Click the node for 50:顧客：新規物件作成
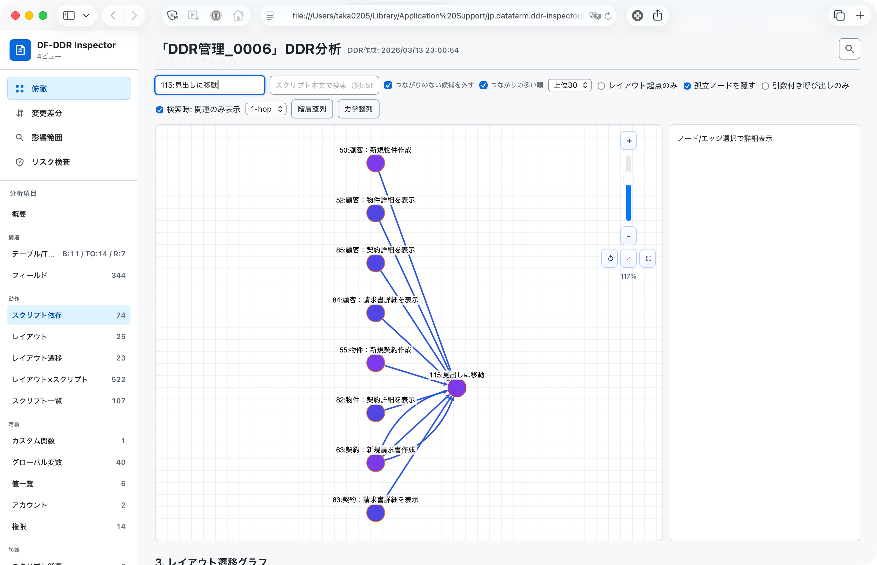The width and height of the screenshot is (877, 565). [376, 163]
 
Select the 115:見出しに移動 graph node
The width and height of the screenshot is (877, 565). [457, 388]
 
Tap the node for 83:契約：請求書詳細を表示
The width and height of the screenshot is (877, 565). [376, 513]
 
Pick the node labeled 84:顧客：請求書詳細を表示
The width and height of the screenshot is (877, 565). [376, 313]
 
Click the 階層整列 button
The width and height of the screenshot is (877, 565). [312, 109]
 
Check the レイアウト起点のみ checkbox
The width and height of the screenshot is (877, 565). [601, 86]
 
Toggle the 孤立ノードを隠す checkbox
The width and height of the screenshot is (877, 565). [687, 86]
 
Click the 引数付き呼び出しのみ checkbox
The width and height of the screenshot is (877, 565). [765, 86]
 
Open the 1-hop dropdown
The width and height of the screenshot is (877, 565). [266, 109]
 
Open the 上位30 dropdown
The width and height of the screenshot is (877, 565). [570, 85]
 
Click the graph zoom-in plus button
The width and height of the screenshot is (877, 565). [629, 141]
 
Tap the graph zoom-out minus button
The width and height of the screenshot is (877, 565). [629, 236]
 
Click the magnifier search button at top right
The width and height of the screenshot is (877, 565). [849, 49]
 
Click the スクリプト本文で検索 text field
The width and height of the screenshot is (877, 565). [324, 85]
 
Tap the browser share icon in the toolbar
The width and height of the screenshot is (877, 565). [657, 15]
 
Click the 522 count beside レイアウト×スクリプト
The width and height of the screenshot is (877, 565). [119, 379]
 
